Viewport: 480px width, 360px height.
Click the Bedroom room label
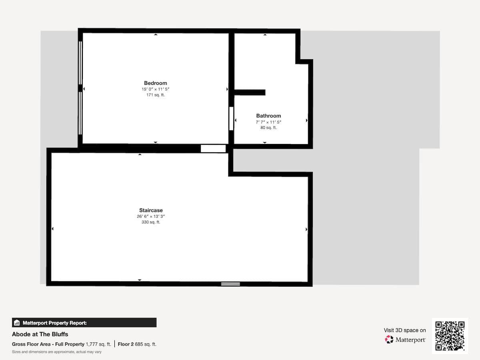coord(155,83)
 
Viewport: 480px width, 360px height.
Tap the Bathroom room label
coord(268,116)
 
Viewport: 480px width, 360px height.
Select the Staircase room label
coord(151,210)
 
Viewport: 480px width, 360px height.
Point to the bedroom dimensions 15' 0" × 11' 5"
coord(155,89)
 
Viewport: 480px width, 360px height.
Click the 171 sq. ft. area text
coord(156,95)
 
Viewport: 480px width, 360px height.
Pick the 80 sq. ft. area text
coord(268,128)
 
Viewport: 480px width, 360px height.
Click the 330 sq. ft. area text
coord(151,222)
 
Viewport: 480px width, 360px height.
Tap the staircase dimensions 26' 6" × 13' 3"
coord(151,216)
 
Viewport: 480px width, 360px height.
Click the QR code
coord(450,336)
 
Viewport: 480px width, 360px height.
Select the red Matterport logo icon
coord(389,340)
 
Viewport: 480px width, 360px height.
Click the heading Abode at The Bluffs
coord(40,334)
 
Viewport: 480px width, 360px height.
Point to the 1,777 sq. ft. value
coord(98,344)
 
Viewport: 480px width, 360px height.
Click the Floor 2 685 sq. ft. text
coord(137,344)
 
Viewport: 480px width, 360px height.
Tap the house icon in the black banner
coord(17,323)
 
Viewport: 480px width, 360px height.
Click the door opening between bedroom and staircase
coord(213,149)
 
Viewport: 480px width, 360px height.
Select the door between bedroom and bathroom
coord(231,118)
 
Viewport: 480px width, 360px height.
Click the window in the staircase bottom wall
coord(230,284)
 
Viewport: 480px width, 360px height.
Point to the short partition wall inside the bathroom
coord(250,92)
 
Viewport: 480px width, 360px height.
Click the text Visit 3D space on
coord(405,330)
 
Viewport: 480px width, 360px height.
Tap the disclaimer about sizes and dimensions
coord(57,352)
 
